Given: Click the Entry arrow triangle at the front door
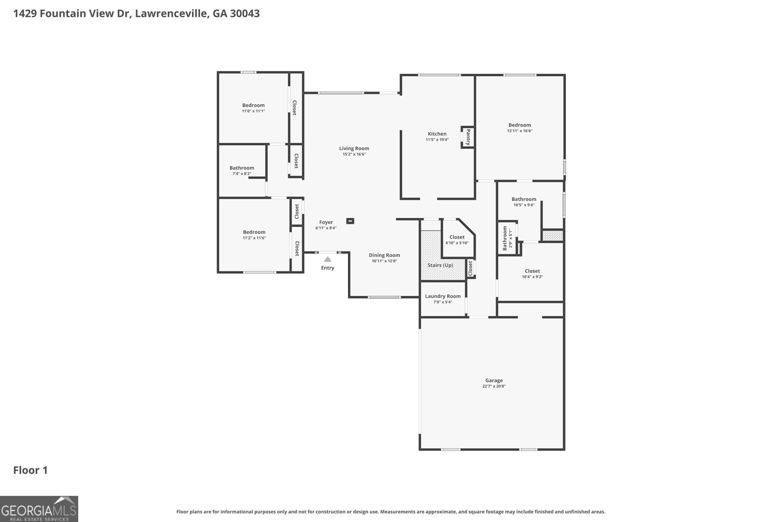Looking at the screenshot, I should (x=327, y=259).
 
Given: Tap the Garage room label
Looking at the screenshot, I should (x=494, y=380).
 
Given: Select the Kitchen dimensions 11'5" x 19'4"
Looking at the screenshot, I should (x=437, y=140).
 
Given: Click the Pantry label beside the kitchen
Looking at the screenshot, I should (x=468, y=137).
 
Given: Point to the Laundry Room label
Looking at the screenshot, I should (x=443, y=296).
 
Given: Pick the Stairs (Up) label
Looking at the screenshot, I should (x=440, y=265).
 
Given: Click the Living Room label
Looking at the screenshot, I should (x=354, y=148).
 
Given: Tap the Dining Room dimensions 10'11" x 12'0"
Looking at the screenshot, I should (x=384, y=261).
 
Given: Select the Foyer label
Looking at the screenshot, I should (x=326, y=222).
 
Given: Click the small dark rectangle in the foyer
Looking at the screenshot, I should (x=350, y=221).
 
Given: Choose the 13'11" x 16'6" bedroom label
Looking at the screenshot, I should (x=519, y=125).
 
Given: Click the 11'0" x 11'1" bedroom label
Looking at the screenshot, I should (x=253, y=105).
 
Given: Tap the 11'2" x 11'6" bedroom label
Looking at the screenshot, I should (x=254, y=232).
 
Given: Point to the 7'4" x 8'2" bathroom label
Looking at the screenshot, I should (x=242, y=168).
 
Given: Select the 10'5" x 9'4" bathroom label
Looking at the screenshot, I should (x=524, y=199).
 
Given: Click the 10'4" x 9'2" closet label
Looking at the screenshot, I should (x=532, y=271).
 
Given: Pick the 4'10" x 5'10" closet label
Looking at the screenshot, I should (x=457, y=237).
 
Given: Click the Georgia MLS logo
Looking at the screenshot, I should (x=39, y=509).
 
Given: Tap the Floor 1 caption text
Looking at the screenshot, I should (x=30, y=470).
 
